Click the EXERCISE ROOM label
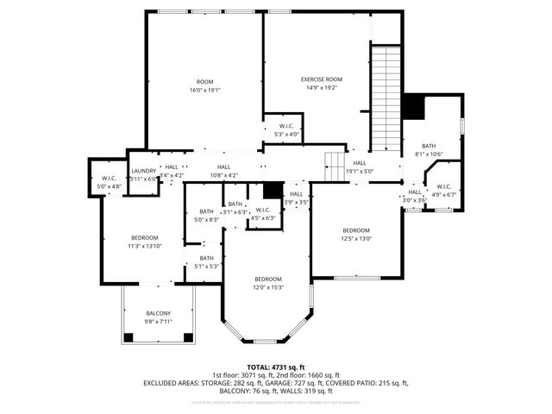point(317,79)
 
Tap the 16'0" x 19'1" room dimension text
point(204,89)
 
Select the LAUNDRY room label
point(143,171)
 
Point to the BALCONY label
point(158,313)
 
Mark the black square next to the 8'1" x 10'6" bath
point(415,107)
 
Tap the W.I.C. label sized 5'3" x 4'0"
point(285,126)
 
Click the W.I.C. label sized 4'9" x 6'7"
point(443,186)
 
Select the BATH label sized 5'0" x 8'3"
point(206,211)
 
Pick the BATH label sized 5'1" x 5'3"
point(206,258)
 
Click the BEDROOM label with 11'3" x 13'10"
point(144,237)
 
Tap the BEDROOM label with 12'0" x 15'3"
point(267,279)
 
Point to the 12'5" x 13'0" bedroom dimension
point(356,239)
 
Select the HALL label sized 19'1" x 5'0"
point(359,163)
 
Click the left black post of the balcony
point(129,336)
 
